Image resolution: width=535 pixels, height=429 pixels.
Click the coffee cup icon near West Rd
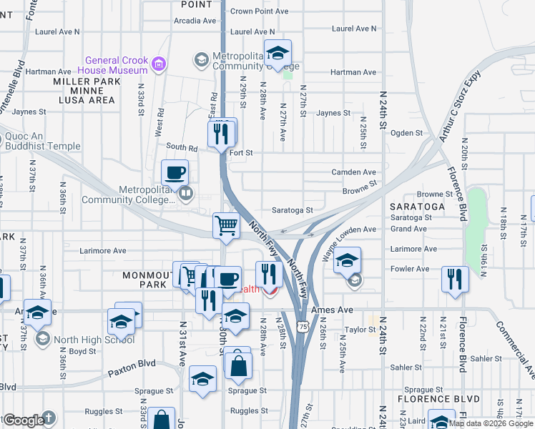point(175,173)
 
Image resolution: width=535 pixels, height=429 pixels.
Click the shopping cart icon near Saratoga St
point(226,225)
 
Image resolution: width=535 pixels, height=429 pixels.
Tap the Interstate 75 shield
point(304,325)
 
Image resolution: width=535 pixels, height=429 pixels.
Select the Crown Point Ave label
point(259,11)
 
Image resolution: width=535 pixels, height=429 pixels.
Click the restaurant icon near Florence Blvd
point(454,279)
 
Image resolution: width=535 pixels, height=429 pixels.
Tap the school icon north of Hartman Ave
point(278,53)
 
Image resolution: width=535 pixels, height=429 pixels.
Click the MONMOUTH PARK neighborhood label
point(144,280)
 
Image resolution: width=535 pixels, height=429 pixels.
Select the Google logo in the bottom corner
point(24,420)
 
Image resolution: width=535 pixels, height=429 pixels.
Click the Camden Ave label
point(353,172)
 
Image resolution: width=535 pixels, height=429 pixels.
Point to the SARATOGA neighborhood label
point(417,206)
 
